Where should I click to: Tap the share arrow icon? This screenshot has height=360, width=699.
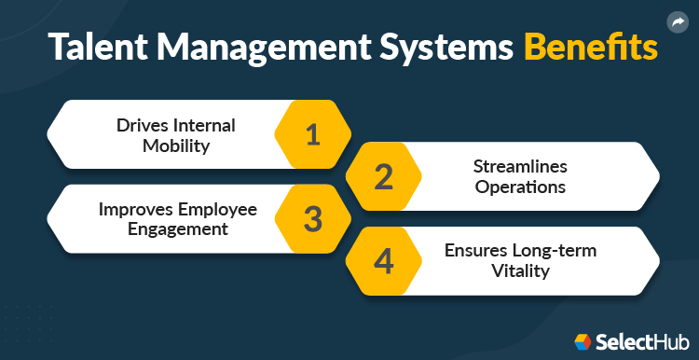pyautogui.click(x=678, y=21)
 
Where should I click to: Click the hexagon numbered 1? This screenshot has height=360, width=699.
pyautogui.click(x=312, y=134)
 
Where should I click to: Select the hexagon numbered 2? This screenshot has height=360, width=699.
pyautogui.click(x=383, y=177)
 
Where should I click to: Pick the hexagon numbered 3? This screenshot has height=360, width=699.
pyautogui.click(x=312, y=219)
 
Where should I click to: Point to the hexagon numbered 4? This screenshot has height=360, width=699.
pyautogui.click(x=383, y=262)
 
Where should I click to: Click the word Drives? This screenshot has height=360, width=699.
pyautogui.click(x=144, y=125)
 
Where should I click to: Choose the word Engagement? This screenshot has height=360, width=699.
pyautogui.click(x=177, y=228)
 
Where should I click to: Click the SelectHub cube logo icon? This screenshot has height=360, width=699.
pyautogui.click(x=583, y=341)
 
